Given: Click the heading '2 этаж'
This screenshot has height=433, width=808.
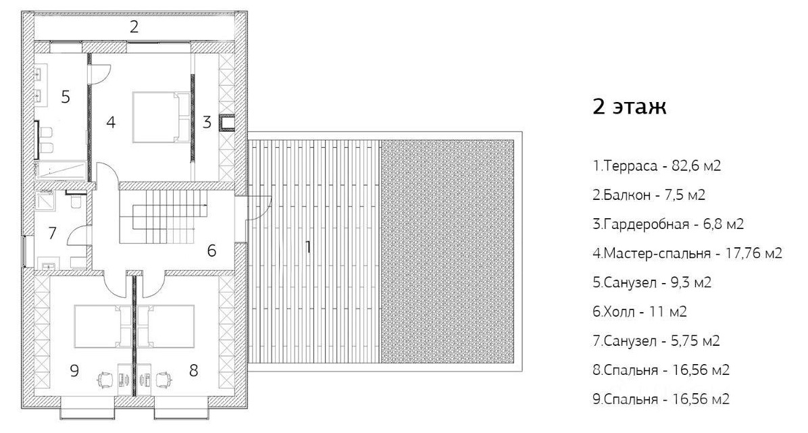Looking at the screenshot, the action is (630, 107).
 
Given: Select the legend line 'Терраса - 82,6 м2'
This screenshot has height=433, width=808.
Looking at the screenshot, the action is (657, 166).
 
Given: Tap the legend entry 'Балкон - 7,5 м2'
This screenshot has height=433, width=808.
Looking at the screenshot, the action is (649, 195).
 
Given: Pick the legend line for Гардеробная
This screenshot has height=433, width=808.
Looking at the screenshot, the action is (668, 224).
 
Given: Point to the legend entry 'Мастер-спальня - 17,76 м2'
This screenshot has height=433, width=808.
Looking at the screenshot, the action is (688, 253).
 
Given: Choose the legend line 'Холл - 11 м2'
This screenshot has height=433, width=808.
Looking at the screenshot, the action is (640, 312).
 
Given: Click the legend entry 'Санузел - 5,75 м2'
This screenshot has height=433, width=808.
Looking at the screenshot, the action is (656, 340).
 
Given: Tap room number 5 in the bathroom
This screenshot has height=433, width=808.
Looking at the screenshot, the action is (66, 97).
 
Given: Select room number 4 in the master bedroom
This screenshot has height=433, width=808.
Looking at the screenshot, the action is (111, 123).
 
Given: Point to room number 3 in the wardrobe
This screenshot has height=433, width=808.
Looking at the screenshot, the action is (207, 122).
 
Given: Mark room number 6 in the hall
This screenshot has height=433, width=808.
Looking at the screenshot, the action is (211, 251).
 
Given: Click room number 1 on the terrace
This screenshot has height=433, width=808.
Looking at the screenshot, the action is (308, 247).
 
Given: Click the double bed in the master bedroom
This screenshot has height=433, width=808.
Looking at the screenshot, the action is (162, 117).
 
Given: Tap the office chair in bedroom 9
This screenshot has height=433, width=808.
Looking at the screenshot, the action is (105, 380).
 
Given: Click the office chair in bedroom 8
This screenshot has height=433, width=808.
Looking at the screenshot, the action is (163, 380).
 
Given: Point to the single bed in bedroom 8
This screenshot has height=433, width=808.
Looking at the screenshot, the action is (166, 326).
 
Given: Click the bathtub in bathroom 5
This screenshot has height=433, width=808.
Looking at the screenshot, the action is (59, 170).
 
